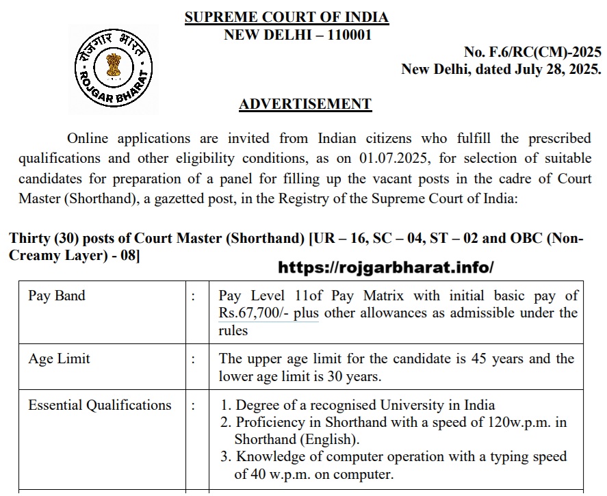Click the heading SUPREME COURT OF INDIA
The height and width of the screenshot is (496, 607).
(286, 18)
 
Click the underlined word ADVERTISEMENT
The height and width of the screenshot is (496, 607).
(305, 105)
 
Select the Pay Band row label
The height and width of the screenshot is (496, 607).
(57, 296)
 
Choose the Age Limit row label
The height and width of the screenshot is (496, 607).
(59, 358)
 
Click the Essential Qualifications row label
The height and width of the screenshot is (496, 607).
(100, 405)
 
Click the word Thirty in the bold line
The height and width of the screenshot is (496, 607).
(29, 239)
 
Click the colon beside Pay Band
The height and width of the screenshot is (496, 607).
(194, 296)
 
